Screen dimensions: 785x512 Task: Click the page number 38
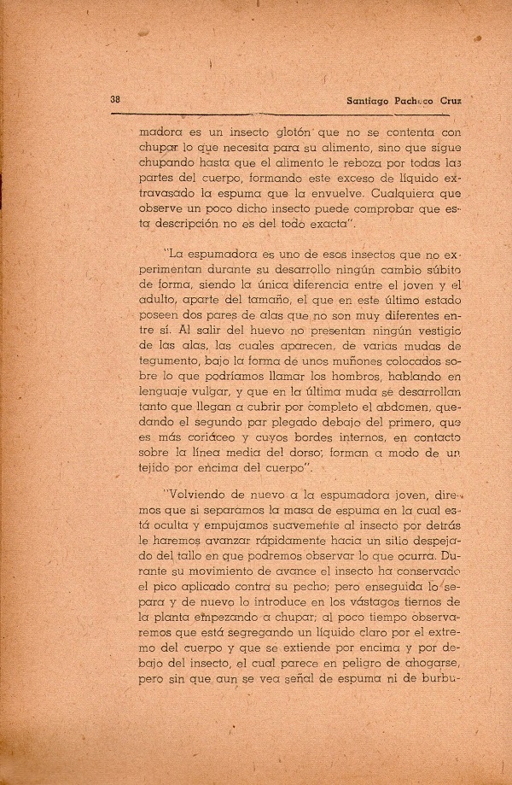click(115, 98)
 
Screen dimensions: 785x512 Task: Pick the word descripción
click(194, 225)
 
